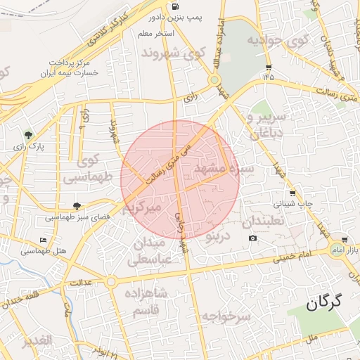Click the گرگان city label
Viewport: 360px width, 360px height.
(324, 302)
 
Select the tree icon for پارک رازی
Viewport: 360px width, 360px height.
(28, 134)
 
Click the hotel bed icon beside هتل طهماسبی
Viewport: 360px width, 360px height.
(44, 240)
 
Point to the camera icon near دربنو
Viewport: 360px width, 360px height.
(253, 238)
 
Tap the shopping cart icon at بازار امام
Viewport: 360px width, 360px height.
(344, 240)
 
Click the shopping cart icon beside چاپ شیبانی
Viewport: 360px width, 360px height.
(292, 193)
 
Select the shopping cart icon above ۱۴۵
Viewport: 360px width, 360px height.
(269, 68)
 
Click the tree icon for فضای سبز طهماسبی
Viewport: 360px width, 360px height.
(77, 206)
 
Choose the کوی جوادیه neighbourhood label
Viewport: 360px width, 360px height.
(278, 40)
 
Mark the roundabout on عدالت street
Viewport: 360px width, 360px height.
(111, 282)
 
